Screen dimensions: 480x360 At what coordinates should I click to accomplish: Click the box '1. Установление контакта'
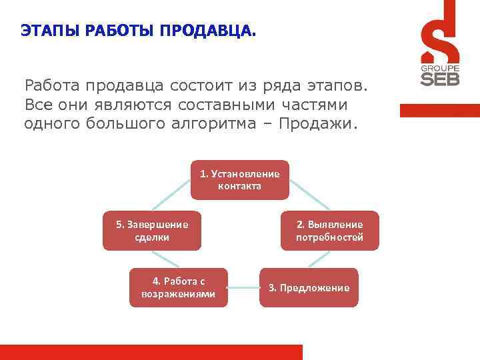click(x=240, y=179)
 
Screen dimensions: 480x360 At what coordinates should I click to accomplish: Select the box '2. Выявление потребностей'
click(x=329, y=231)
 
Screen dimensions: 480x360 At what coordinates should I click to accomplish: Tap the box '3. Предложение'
click(x=309, y=287)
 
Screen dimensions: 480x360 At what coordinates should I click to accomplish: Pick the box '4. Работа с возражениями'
click(x=179, y=287)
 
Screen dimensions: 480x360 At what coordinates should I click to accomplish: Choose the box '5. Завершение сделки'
click(x=152, y=231)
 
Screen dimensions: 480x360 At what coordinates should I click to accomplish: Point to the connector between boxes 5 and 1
click(x=169, y=197)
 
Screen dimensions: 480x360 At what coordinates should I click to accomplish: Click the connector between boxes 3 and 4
click(x=243, y=287)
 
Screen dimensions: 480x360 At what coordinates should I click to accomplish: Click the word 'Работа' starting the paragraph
click(x=49, y=86)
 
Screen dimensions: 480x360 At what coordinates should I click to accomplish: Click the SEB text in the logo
click(x=438, y=79)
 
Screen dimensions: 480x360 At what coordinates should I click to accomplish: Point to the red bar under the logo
click(x=439, y=111)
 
